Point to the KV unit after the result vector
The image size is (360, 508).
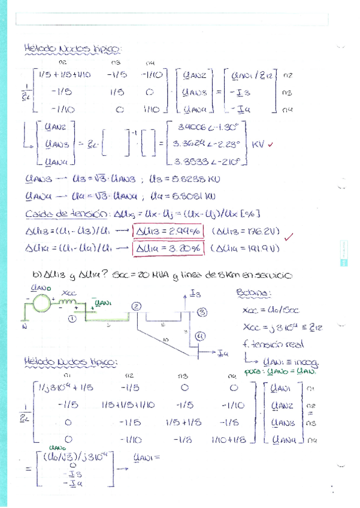(258, 144)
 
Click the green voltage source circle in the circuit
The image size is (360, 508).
(41, 303)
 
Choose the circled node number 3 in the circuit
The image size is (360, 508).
(202, 312)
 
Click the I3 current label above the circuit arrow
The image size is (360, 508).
(195, 294)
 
